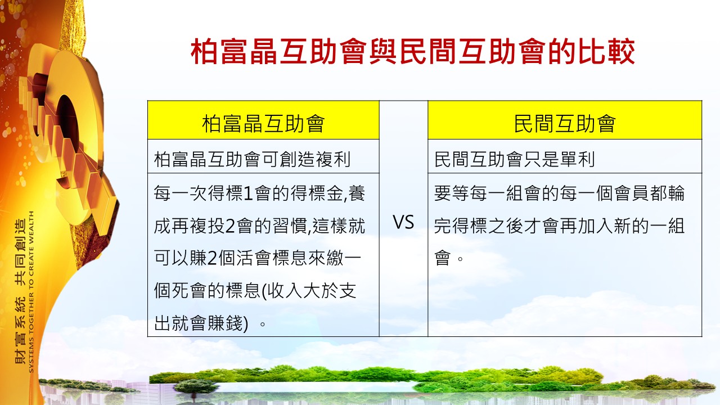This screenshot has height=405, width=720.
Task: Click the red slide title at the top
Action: (x=413, y=51)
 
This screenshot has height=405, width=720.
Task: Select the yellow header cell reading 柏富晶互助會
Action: (x=263, y=120)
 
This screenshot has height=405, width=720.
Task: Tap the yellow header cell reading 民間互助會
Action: (x=565, y=120)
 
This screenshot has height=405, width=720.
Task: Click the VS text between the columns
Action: (x=403, y=222)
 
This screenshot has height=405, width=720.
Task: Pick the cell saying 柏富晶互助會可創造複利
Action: (x=263, y=156)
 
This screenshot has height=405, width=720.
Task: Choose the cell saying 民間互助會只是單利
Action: (x=565, y=156)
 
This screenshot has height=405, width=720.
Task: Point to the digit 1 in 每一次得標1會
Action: (x=249, y=193)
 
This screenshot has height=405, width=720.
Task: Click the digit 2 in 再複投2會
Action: (x=230, y=226)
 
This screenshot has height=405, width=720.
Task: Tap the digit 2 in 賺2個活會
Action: (x=212, y=258)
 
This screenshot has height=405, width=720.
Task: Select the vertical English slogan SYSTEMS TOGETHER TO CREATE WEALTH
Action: (x=31, y=292)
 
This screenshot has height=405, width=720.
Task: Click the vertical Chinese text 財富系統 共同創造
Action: (x=20, y=291)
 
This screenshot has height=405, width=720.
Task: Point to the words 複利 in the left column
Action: (x=333, y=159)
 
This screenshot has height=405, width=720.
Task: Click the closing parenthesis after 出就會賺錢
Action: (x=246, y=323)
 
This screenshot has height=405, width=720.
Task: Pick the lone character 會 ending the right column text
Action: (x=443, y=258)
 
